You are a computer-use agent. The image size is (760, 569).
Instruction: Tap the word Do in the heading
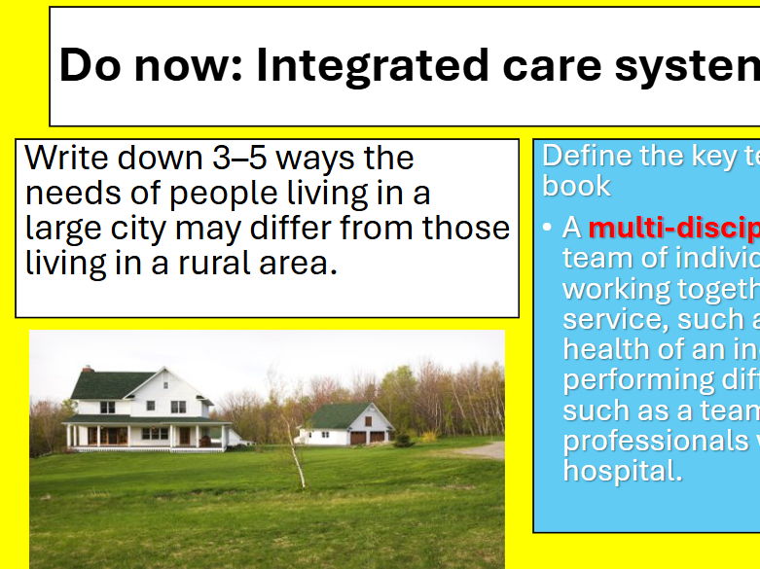point(89,65)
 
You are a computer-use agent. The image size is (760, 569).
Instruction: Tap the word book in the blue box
point(576,186)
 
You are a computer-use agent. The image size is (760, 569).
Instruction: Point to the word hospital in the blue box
point(622,471)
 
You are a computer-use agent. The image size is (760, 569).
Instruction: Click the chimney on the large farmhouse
point(87,370)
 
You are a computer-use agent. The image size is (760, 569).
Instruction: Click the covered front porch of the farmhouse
point(146,434)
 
